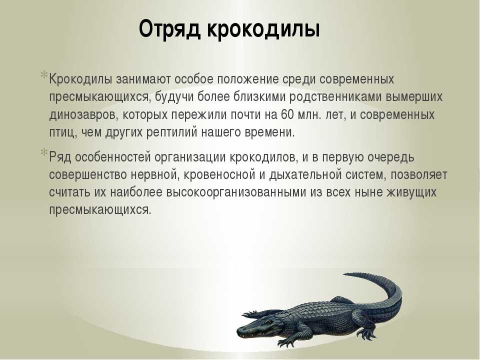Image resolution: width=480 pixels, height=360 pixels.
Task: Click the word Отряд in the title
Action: [170, 29]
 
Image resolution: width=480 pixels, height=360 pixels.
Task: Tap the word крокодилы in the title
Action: [263, 29]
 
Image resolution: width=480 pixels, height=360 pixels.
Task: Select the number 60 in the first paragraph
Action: [287, 115]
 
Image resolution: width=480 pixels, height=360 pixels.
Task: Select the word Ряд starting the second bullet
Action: [60, 157]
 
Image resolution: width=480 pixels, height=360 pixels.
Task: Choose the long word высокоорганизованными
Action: [236, 192]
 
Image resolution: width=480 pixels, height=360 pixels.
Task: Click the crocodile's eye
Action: [269, 321]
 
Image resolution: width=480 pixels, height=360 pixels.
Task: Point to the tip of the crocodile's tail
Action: [344, 274]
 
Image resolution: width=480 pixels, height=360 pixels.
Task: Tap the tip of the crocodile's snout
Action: [237, 331]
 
